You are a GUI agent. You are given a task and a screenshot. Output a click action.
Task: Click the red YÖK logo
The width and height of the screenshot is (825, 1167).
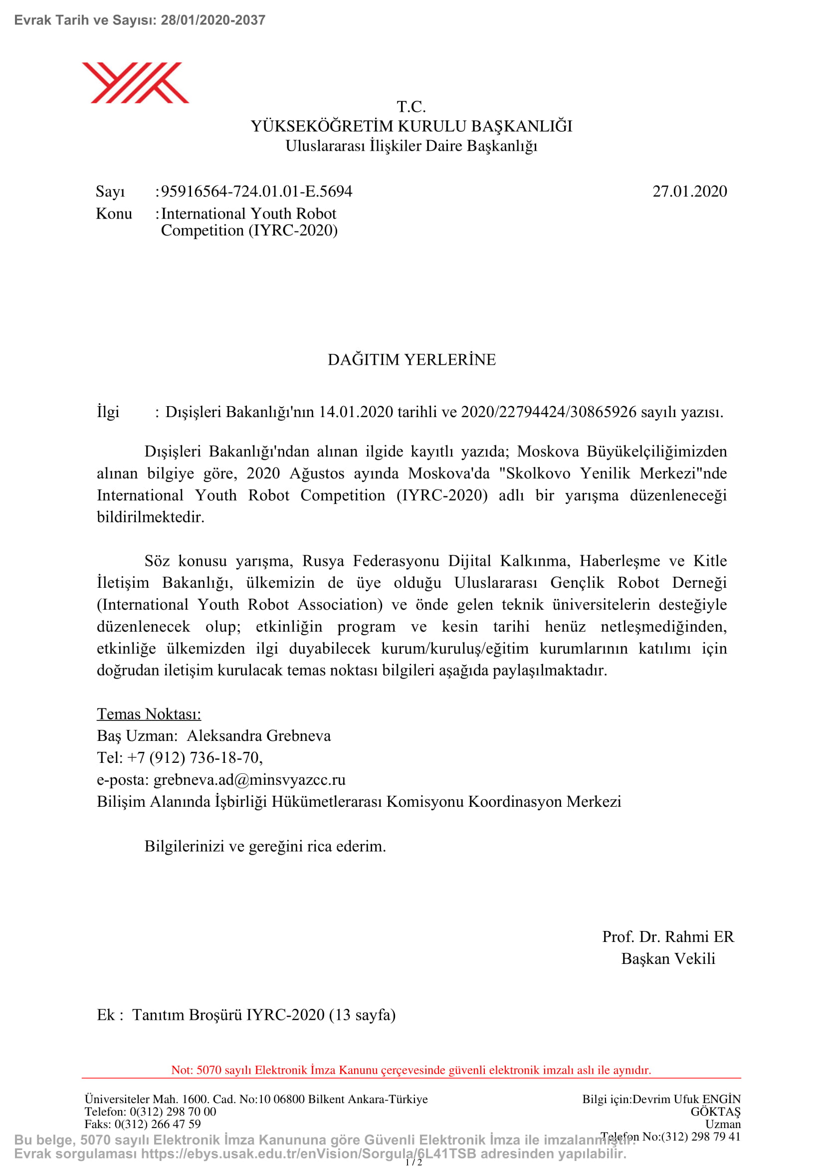(135, 83)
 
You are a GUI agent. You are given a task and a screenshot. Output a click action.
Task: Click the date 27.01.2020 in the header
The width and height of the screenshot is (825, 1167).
(689, 192)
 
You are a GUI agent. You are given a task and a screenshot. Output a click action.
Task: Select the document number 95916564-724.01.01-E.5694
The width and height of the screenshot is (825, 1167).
(256, 192)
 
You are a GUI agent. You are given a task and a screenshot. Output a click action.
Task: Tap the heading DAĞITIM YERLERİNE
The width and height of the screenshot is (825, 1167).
(412, 360)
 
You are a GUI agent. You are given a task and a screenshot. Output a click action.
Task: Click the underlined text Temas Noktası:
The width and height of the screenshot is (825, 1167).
(149, 714)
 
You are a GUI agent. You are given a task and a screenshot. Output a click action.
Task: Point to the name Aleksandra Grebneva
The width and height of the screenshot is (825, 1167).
(258, 736)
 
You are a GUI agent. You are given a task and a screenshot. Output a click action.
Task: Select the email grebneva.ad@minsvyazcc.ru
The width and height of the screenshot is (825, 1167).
(249, 780)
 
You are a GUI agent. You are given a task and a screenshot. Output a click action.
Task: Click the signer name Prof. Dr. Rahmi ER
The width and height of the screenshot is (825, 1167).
(668, 937)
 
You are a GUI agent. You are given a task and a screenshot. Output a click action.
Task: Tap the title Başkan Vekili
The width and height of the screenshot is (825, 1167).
(668, 958)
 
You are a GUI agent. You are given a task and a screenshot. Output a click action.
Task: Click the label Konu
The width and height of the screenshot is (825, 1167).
(114, 214)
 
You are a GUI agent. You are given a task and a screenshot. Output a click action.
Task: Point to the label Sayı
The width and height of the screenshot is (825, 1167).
(110, 192)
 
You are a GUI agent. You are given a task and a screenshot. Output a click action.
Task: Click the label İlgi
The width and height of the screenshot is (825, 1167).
(108, 412)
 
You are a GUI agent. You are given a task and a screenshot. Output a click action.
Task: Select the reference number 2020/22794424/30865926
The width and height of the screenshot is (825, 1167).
(548, 412)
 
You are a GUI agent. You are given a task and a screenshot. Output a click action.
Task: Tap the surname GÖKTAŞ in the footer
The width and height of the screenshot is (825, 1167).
(715, 1112)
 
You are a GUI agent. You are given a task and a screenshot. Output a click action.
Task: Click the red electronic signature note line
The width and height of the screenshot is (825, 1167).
(411, 1070)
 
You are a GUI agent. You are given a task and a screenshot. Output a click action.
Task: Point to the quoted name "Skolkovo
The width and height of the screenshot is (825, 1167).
(535, 473)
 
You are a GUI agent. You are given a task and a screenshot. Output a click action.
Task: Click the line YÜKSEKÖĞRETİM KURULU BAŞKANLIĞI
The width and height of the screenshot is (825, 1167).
(412, 126)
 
